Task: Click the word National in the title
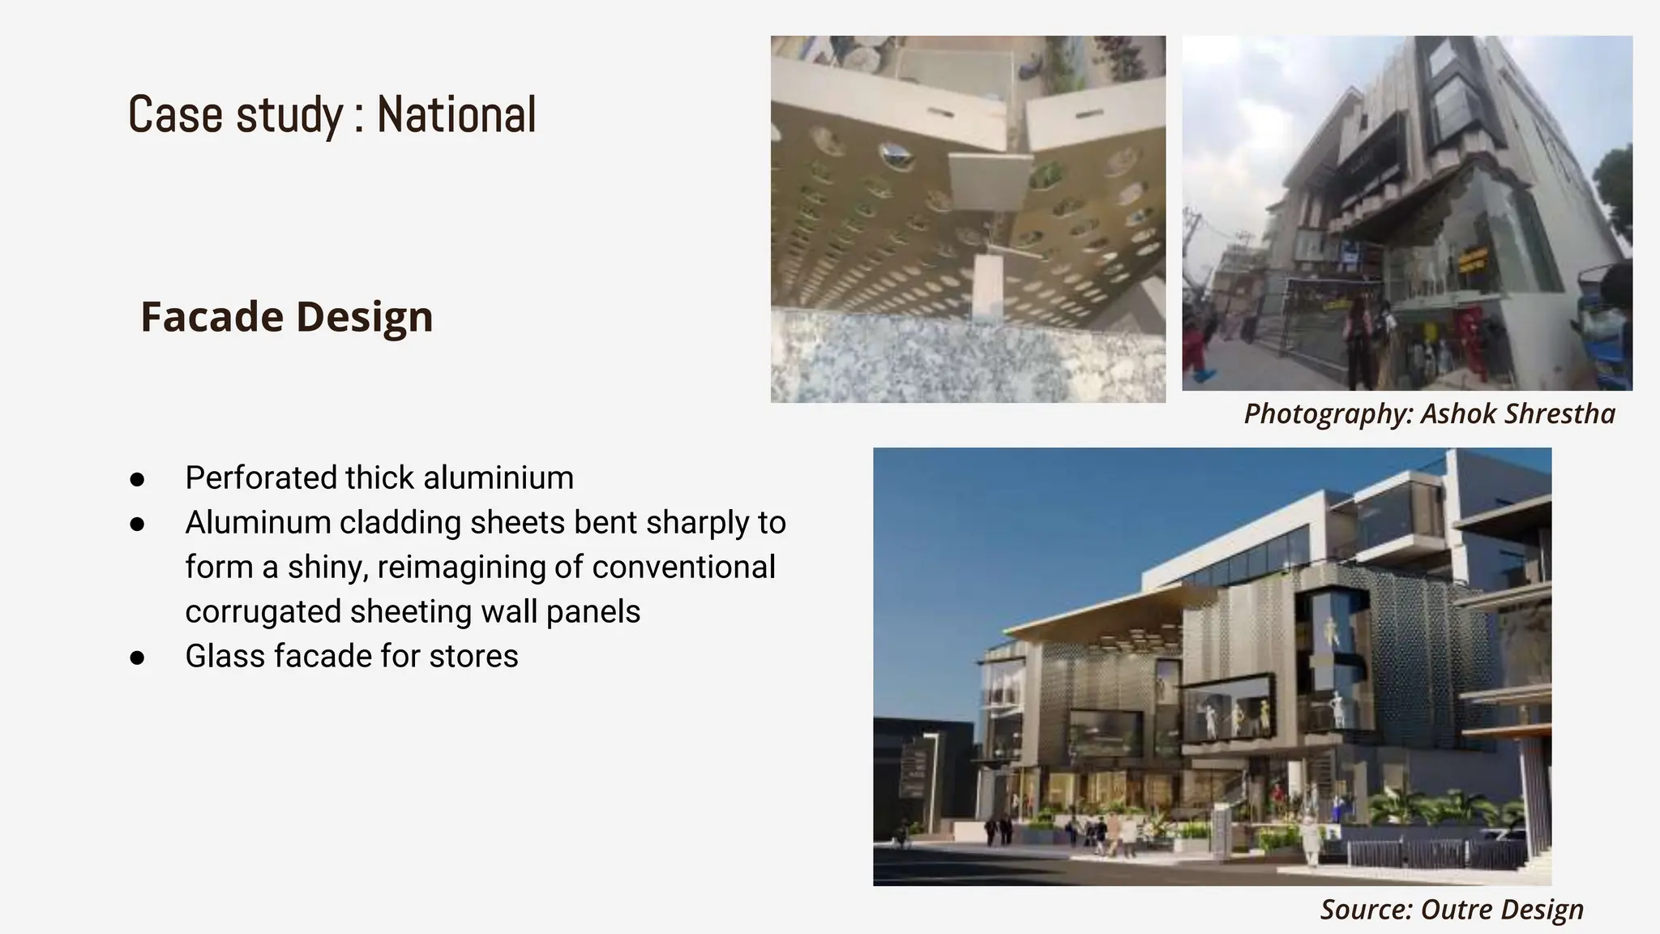pyautogui.click(x=456, y=114)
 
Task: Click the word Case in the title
pyautogui.click(x=175, y=114)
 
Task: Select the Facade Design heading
pyautogui.click(x=287, y=316)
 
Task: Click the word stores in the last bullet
pyautogui.click(x=473, y=656)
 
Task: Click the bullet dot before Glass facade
pyautogui.click(x=137, y=658)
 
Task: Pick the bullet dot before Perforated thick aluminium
pyautogui.click(x=137, y=479)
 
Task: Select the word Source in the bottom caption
pyautogui.click(x=1365, y=909)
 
